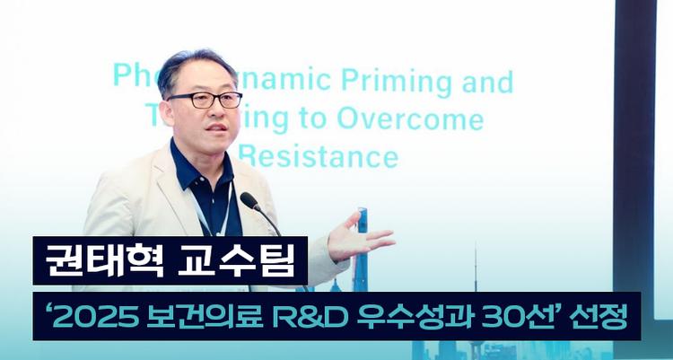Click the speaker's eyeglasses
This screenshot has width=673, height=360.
click(x=205, y=100)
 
